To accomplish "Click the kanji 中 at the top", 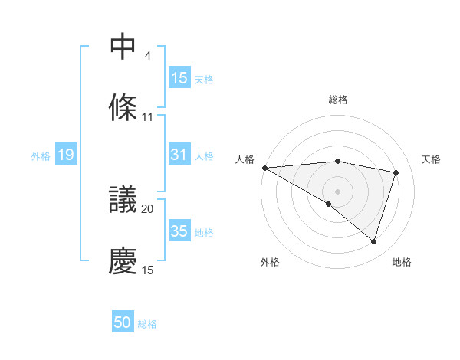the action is (x=123, y=47).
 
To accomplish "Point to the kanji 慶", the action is (x=123, y=260).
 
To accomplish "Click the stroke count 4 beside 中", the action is (x=147, y=56).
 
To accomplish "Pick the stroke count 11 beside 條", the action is (x=148, y=116).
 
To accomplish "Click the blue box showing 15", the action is (x=179, y=77).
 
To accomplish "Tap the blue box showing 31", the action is (x=179, y=155).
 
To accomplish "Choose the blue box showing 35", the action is (x=179, y=231).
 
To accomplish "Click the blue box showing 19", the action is (x=65, y=155).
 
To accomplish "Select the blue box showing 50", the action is (x=123, y=322).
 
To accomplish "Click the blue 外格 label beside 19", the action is (x=41, y=155).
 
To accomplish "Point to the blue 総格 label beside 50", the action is (x=147, y=324).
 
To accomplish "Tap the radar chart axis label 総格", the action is (x=338, y=100).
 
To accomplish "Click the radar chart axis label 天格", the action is (x=432, y=159).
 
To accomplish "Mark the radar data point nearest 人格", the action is (x=264, y=168).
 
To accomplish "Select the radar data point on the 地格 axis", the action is (x=373, y=242).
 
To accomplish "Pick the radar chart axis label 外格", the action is (x=270, y=262).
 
